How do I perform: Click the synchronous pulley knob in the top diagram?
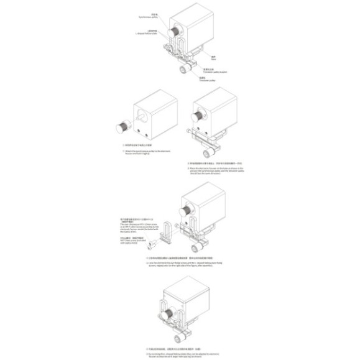pos(176,30)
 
